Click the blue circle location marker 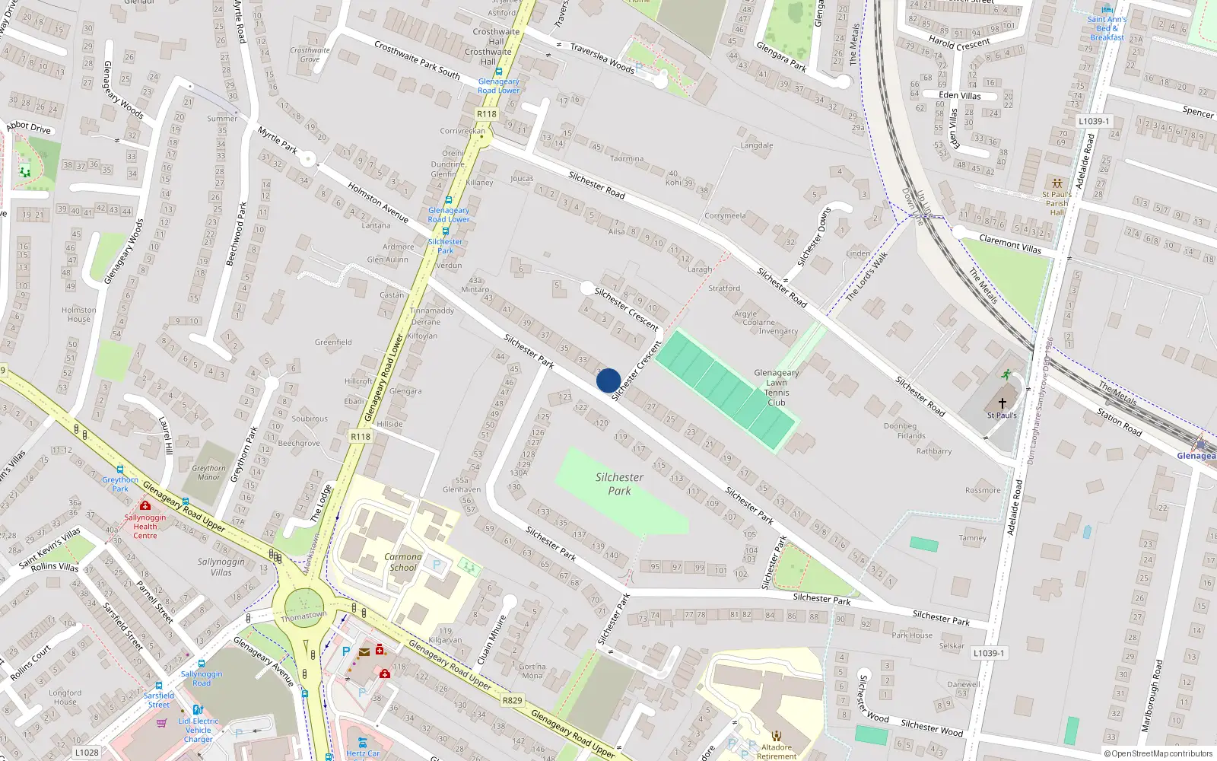(x=608, y=380)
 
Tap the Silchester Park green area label (x=619, y=484)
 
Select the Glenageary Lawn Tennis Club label (x=777, y=387)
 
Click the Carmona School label (x=402, y=562)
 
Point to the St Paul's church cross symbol (x=1002, y=403)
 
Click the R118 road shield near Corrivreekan (x=487, y=114)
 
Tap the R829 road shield (x=513, y=700)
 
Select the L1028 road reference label (x=87, y=753)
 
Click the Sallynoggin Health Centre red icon (x=145, y=505)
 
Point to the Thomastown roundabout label (x=303, y=616)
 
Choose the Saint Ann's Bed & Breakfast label (x=1107, y=28)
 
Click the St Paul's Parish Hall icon (x=1057, y=183)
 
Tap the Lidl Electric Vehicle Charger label (x=199, y=730)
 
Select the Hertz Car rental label (x=363, y=753)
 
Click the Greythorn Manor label (x=208, y=473)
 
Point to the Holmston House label (x=79, y=314)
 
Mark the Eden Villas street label (x=960, y=95)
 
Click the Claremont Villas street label (x=1010, y=244)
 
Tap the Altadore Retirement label (x=777, y=751)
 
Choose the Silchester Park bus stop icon (x=445, y=231)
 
